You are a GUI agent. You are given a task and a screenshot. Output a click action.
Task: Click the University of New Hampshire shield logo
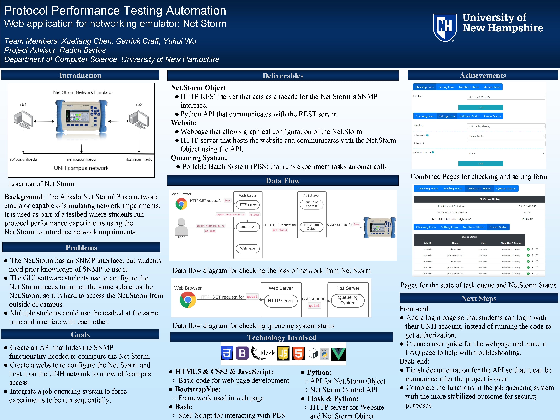pyautogui.click(x=445, y=27)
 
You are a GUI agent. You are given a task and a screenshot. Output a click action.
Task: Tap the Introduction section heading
pyautogui.click(x=80, y=75)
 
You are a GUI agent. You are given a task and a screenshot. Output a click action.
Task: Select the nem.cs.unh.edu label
pyautogui.click(x=81, y=159)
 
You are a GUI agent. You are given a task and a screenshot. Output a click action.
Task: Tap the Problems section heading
pyautogui.click(x=81, y=248)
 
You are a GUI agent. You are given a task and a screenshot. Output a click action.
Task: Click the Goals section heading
pyautogui.click(x=80, y=335)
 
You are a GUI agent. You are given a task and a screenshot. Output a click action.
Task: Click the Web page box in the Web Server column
pyautogui.click(x=248, y=248)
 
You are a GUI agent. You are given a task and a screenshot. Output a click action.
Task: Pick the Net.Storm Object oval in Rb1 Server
pyautogui.click(x=311, y=227)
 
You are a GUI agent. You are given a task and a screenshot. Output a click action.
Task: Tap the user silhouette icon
pyautogui.click(x=181, y=227)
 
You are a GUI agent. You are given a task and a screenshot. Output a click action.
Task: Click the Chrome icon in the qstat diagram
pyautogui.click(x=188, y=300)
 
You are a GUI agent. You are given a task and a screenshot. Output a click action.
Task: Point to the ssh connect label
pyautogui.click(x=314, y=298)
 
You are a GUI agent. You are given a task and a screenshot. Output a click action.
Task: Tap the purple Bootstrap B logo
pyautogui.click(x=242, y=353)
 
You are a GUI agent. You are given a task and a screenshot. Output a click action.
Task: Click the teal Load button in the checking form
pyautogui.click(x=480, y=107)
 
